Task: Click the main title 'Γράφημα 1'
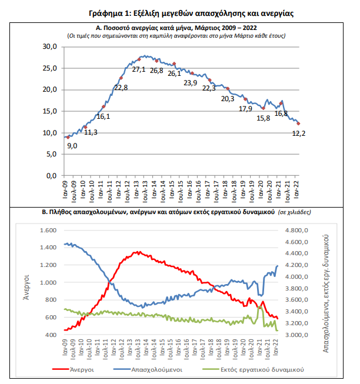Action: pos(108,13)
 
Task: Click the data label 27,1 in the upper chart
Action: pos(139,69)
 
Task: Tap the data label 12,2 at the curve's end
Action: pos(299,133)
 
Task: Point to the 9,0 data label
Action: pos(72,146)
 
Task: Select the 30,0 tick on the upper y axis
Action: pos(50,46)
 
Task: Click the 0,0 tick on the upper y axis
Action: pos(51,176)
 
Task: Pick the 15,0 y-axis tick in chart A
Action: pos(50,111)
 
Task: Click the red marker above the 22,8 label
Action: pos(121,78)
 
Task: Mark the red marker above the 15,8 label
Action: pos(264,108)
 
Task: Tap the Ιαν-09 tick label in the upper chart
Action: pos(65,189)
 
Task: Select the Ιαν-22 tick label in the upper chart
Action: pos(296,189)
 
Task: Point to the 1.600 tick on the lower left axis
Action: pos(48,231)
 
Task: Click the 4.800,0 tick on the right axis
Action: pos(296,231)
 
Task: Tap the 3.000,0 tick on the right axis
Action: pos(296,335)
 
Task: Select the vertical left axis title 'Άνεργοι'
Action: pos(26,288)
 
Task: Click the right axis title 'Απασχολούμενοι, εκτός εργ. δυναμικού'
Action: pos(325,293)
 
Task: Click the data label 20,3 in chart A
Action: pos(228,99)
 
